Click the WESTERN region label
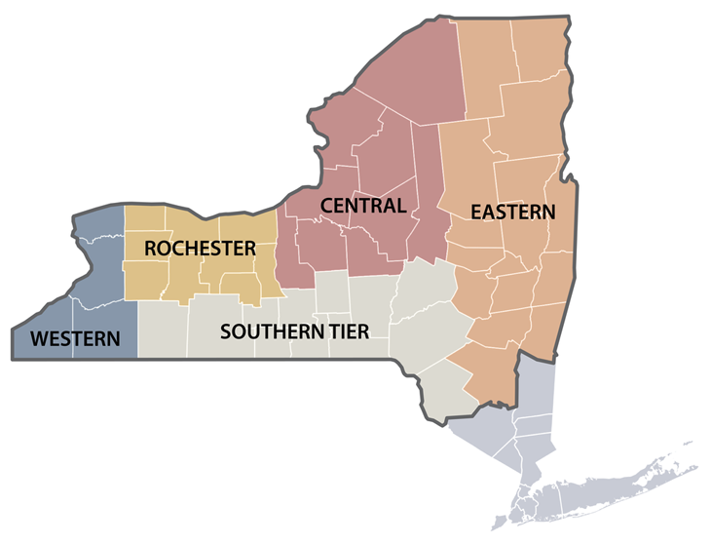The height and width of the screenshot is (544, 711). tap(76, 339)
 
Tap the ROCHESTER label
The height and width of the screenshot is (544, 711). tap(200, 249)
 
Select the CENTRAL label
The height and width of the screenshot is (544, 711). tap(362, 206)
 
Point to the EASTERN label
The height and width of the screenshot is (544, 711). tap(512, 212)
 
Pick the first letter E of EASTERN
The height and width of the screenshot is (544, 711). tap(476, 212)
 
